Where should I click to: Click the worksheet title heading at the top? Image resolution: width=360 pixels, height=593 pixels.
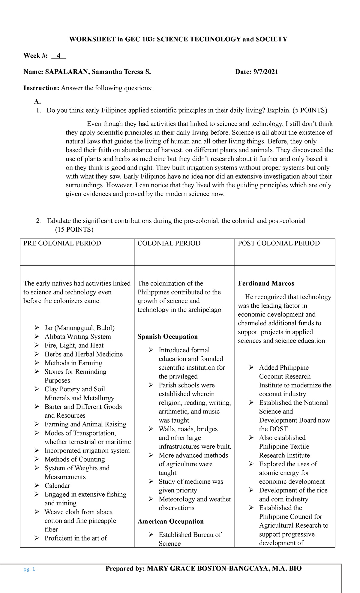(x=178, y=39)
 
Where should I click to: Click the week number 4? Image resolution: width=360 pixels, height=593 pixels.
(x=58, y=56)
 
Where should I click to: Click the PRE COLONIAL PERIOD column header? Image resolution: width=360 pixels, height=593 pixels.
(x=62, y=243)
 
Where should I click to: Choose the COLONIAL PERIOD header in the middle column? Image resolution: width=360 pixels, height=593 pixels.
(x=169, y=243)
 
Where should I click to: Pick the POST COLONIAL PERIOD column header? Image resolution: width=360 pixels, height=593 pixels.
(x=279, y=243)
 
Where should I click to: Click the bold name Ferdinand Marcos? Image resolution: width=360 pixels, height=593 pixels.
(x=266, y=284)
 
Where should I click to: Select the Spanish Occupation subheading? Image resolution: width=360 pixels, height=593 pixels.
(x=167, y=337)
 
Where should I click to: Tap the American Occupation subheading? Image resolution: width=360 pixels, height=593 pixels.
(x=170, y=521)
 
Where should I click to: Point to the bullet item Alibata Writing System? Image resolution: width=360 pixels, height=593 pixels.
(x=78, y=337)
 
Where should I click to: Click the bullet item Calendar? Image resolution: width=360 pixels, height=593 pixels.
(x=57, y=486)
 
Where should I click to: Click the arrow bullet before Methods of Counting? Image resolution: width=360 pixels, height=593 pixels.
(x=37, y=459)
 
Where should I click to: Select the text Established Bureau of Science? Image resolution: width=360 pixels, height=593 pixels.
(x=190, y=539)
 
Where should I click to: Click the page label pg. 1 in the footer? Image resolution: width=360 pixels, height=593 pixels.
(x=29, y=569)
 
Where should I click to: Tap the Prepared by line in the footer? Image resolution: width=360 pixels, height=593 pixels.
(x=203, y=569)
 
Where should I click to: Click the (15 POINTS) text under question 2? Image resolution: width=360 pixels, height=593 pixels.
(x=74, y=230)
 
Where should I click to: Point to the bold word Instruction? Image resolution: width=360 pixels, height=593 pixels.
(x=41, y=88)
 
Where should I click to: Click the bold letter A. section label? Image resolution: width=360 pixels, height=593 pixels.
(x=37, y=101)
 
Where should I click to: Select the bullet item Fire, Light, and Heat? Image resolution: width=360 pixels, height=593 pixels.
(x=74, y=345)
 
